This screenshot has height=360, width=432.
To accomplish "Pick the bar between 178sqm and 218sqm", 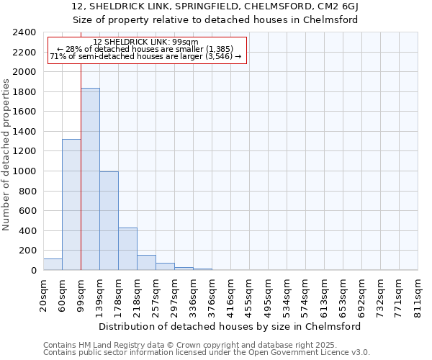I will (x=127, y=249).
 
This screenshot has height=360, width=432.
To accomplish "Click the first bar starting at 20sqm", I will (x=53, y=264).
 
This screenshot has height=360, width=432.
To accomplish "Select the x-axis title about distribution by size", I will (x=230, y=326).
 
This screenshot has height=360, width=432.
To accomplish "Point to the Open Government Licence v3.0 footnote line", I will (x=207, y=353).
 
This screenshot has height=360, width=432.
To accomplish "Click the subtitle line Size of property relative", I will (x=216, y=19).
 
